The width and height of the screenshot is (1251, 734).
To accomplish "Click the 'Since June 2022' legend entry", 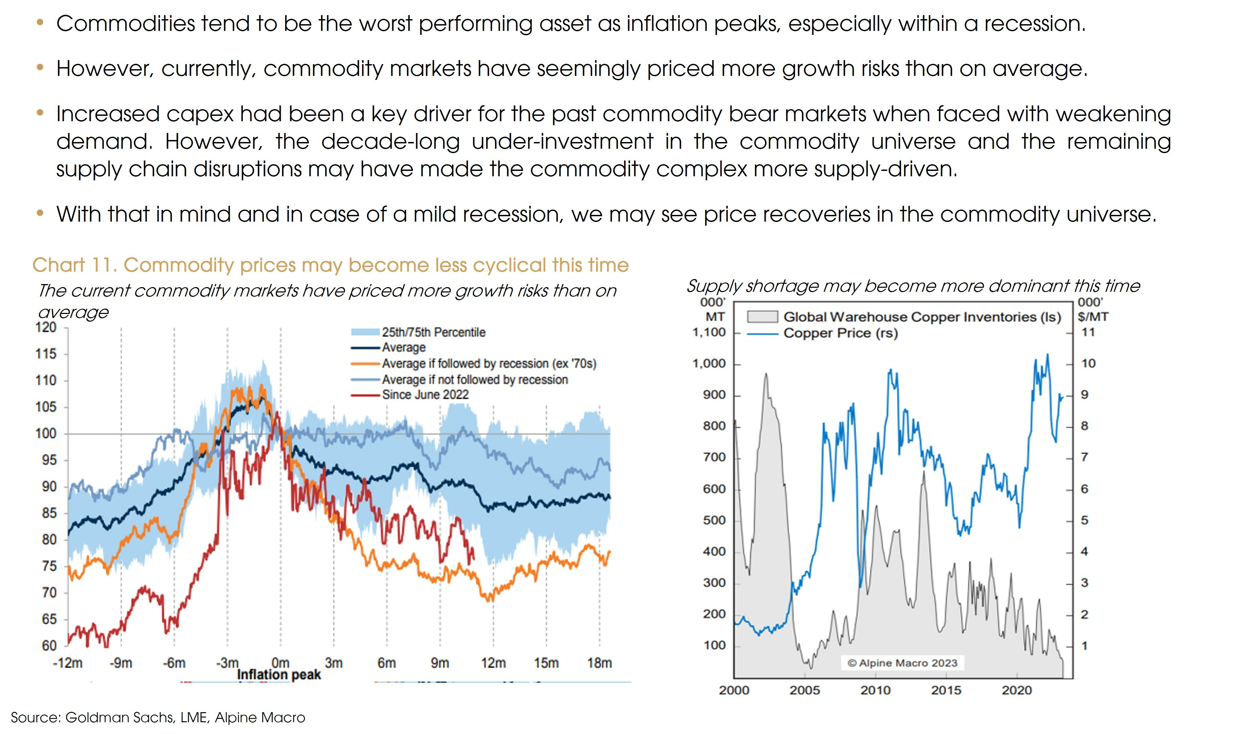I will [x=425, y=395].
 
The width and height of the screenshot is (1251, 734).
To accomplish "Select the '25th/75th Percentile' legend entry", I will [x=433, y=332].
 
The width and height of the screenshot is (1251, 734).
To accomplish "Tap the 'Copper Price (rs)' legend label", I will [x=841, y=333].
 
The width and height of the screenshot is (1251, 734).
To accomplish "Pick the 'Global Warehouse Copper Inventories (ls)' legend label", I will [x=922, y=317].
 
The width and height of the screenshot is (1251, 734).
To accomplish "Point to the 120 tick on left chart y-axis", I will [x=46, y=327].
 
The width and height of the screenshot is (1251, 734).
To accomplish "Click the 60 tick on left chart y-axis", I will [x=49, y=646].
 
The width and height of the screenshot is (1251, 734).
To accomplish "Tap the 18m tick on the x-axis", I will [x=599, y=663].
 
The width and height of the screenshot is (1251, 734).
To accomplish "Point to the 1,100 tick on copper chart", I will [x=709, y=332].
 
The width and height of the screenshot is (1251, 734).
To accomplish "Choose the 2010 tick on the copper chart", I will [x=875, y=690].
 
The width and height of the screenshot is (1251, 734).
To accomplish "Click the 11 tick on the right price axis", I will [x=1088, y=332].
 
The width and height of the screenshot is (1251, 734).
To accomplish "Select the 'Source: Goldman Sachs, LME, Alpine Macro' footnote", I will [x=158, y=718].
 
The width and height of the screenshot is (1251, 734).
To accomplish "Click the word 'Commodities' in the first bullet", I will [x=126, y=24].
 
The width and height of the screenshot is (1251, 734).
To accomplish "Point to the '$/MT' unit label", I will [x=1092, y=317].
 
